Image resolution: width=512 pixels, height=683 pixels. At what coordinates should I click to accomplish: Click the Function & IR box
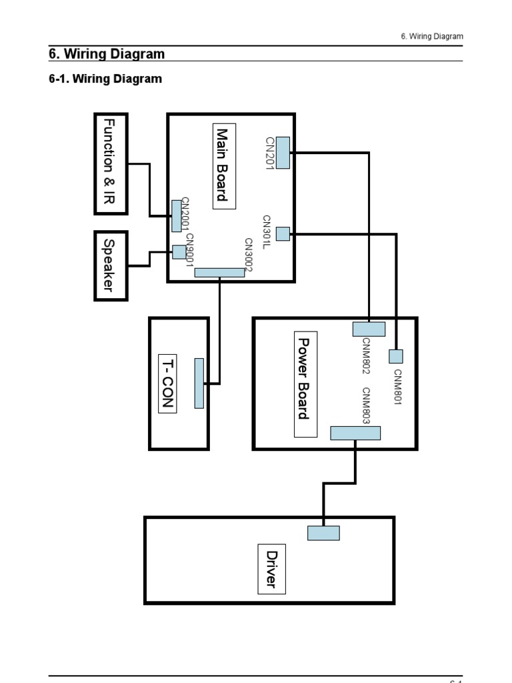(x=111, y=163)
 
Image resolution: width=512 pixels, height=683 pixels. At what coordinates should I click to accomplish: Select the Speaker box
(x=111, y=265)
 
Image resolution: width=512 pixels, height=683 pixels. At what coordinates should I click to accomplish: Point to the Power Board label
(x=305, y=384)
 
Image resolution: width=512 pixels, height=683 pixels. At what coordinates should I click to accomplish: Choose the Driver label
(x=271, y=568)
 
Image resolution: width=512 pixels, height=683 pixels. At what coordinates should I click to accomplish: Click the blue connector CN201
(x=283, y=153)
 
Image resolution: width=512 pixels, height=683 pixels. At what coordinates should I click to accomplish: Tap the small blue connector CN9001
(x=179, y=252)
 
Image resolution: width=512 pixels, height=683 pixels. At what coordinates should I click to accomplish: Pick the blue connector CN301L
(x=283, y=233)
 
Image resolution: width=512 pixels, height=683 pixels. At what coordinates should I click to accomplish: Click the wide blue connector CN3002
(x=219, y=272)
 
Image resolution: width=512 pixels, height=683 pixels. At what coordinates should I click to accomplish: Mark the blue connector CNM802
(x=369, y=329)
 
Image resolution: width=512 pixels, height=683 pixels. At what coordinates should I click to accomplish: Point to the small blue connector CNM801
(x=396, y=356)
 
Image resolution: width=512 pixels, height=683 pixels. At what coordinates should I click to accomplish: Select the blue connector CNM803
(x=355, y=433)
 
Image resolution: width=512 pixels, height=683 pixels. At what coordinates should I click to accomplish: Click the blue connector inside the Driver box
(x=323, y=533)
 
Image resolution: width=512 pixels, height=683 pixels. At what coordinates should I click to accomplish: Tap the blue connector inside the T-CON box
(x=199, y=383)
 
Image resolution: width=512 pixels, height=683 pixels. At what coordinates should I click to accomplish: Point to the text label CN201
(x=270, y=153)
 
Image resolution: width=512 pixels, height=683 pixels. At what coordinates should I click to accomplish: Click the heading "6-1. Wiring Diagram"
(x=105, y=79)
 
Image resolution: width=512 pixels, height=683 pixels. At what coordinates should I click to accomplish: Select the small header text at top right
(x=432, y=36)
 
